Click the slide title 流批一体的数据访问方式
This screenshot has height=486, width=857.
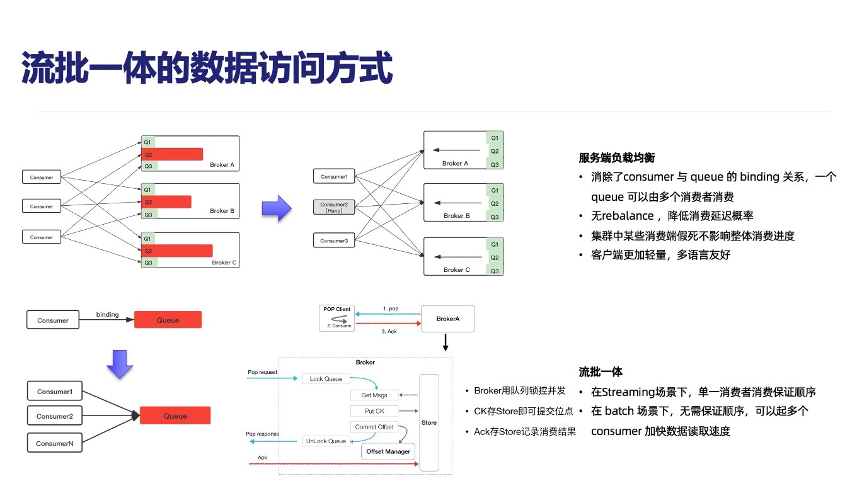207,68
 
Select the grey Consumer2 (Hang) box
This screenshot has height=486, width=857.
334,207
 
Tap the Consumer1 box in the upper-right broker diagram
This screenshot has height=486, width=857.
334,177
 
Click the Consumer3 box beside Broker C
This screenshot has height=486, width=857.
334,240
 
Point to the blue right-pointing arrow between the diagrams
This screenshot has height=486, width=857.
276,208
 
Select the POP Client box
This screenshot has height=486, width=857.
337,318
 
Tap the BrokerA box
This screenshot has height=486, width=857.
447,319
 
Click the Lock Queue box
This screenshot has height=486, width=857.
325,379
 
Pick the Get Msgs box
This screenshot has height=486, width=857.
374,395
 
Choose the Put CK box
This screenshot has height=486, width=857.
374,411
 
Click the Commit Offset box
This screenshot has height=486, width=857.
374,427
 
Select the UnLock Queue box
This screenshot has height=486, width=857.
326,441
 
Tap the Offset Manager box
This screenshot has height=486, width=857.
388,451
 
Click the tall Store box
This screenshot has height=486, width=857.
429,422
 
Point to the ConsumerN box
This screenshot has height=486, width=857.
55,443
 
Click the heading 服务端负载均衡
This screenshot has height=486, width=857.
613,158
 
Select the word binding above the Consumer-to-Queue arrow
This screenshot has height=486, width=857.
107,314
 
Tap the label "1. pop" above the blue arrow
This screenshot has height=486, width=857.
390,309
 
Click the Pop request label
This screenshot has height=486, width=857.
262,373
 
